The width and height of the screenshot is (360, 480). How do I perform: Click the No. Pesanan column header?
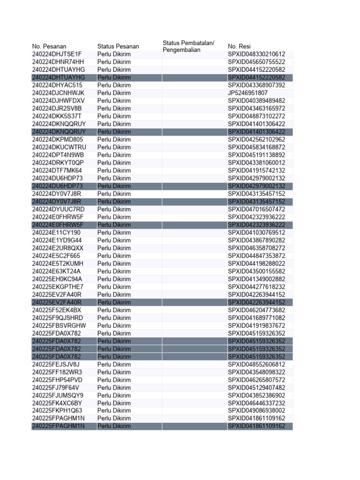(49, 46)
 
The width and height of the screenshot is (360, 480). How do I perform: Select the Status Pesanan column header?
(118, 46)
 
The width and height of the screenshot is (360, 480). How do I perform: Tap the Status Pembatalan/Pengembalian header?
(188, 46)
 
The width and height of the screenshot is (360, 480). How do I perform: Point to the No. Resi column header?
(239, 46)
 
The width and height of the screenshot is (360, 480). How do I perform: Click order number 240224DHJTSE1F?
(57, 54)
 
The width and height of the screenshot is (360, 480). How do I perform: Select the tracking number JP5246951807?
(248, 93)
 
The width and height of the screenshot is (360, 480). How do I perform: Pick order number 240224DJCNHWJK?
(58, 93)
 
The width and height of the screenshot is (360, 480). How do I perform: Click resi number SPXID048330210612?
(256, 54)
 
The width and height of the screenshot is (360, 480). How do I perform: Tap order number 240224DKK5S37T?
(57, 116)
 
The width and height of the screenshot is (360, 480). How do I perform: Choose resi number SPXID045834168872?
(256, 147)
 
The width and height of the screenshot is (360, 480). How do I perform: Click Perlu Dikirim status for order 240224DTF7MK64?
(114, 171)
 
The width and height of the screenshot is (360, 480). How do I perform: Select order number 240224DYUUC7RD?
(59, 209)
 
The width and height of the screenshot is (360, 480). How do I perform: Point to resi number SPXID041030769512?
(256, 232)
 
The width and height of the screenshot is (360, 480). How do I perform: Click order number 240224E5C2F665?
(56, 256)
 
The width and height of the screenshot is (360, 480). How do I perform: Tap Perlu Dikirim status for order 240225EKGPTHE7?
(114, 287)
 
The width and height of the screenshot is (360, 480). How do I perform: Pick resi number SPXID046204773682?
(256, 310)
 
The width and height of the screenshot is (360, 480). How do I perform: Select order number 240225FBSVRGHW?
(59, 326)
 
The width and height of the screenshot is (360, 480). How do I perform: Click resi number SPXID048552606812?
(256, 365)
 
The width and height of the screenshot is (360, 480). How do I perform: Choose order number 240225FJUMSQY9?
(58, 396)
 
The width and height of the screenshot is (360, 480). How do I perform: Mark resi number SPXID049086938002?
(256, 411)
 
